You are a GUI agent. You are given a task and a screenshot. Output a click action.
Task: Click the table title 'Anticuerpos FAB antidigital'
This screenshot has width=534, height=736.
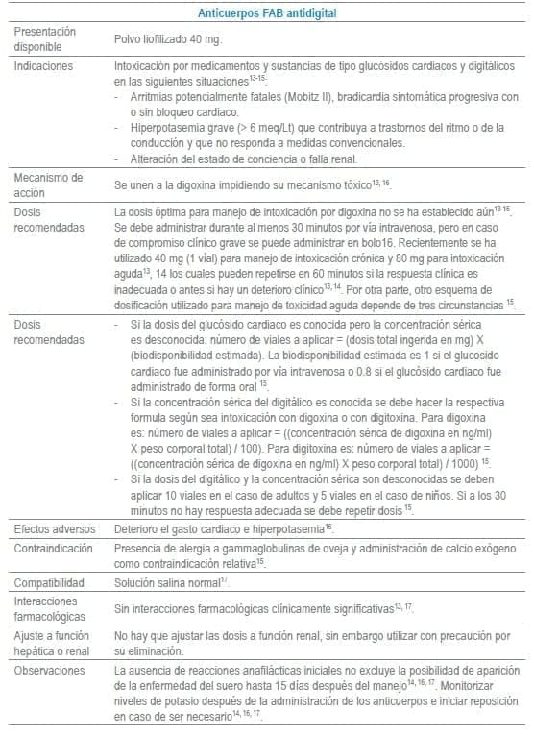266,12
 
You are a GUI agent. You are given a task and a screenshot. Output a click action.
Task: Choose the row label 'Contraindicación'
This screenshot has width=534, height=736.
54,548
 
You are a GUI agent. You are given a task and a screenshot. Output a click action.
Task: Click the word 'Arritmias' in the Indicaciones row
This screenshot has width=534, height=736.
145,97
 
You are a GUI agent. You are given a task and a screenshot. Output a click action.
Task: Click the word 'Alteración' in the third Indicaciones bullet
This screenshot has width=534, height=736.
150,158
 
